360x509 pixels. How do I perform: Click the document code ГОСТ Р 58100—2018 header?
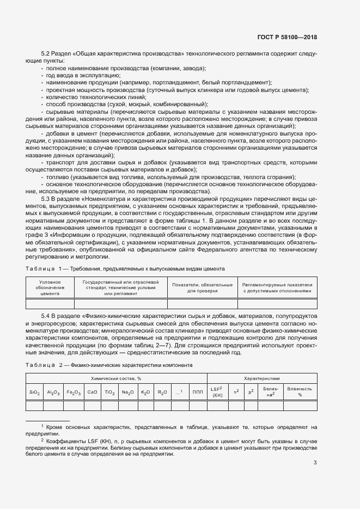(287, 37)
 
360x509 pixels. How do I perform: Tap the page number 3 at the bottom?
(315, 463)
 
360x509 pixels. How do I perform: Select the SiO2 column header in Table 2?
(35, 392)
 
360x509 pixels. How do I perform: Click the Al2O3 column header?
(53, 392)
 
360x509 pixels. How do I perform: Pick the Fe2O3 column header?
(73, 392)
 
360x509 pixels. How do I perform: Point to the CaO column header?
(92, 392)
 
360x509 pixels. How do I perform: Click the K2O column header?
(145, 392)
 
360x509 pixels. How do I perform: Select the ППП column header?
(197, 392)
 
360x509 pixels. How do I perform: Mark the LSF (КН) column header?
(217, 392)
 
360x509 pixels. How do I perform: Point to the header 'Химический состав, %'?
(115, 378)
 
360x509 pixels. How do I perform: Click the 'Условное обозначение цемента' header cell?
(50, 287)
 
